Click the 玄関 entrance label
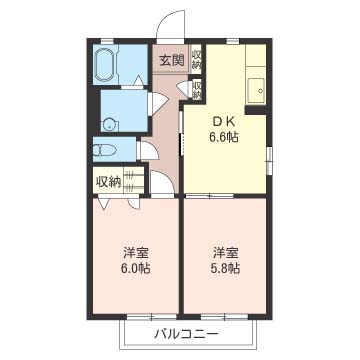(172, 60)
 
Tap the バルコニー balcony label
(186, 334)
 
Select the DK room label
(224, 122)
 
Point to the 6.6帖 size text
(224, 137)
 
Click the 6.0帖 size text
(135, 268)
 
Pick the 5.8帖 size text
(225, 268)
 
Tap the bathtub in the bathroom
(106, 65)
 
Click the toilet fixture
(104, 150)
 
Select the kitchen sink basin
(256, 91)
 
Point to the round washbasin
(109, 125)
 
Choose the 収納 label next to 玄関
(197, 59)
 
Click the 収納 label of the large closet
(108, 182)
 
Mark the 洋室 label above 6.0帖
(135, 253)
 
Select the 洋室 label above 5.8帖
(225, 253)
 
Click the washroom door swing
(157, 103)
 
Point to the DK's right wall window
(269, 159)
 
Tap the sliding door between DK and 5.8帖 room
(209, 196)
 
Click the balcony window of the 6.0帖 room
(152, 316)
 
